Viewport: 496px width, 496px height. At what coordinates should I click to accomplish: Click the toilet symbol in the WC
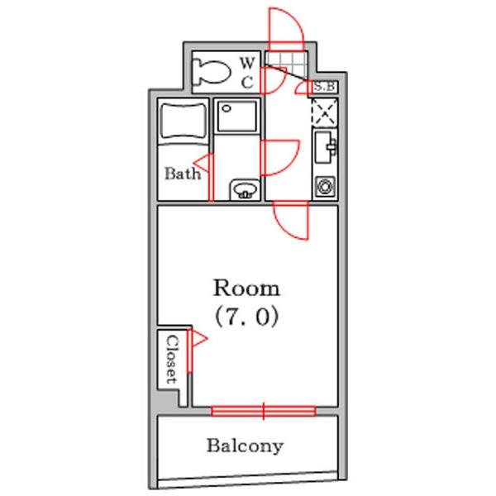pos(211,72)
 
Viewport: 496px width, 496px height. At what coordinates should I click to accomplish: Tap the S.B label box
pos(325,86)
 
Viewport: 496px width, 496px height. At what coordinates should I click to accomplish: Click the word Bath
pos(183,174)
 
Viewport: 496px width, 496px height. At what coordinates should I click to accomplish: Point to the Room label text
pos(246,288)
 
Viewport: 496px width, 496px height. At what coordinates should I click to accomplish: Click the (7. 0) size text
pos(246,317)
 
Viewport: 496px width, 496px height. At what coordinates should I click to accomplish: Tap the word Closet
pos(173,360)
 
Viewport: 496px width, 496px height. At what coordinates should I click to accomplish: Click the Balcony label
pos(245,446)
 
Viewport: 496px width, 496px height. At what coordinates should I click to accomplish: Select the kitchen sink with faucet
pos(325,147)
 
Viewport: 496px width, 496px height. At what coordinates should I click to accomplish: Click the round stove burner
pos(325,186)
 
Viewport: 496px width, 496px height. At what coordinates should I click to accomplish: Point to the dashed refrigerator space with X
pos(325,112)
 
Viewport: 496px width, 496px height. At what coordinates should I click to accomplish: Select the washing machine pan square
pos(237,116)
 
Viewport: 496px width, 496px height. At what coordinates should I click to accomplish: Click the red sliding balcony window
pos(264,411)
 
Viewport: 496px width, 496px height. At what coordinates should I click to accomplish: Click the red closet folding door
pos(190,351)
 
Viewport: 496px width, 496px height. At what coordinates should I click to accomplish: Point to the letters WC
pos(247,73)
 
